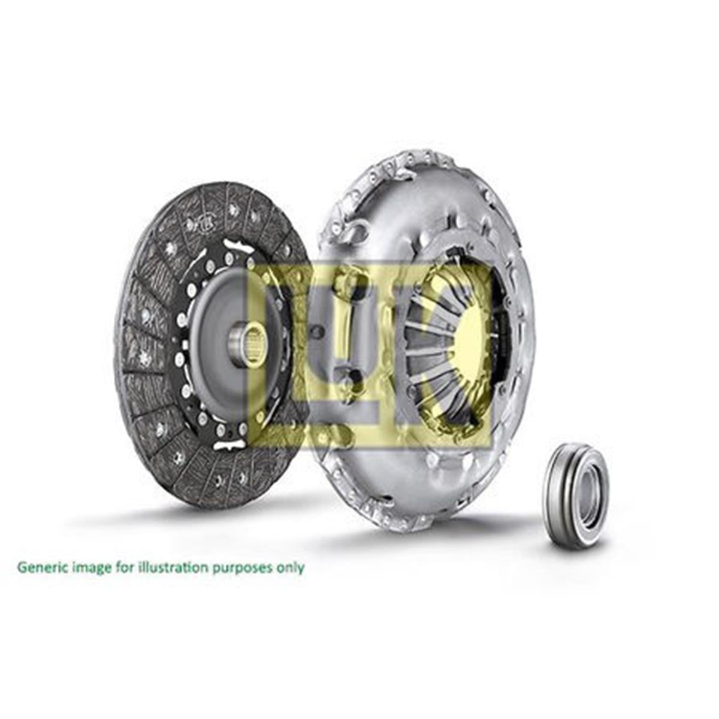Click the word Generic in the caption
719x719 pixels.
(41, 567)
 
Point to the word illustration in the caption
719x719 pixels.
(174, 567)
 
